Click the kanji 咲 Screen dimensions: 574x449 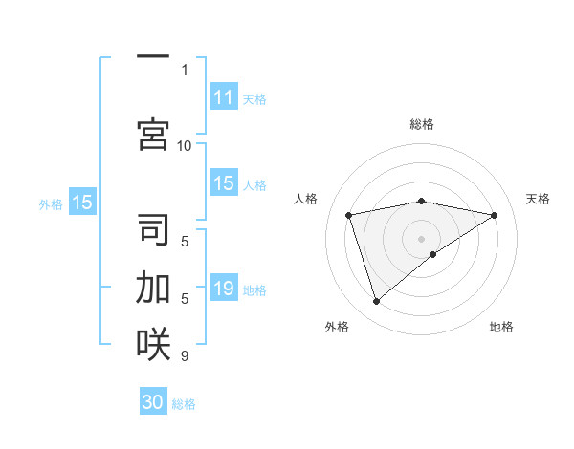(x=153, y=344)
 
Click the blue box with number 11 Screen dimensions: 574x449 (x=224, y=97)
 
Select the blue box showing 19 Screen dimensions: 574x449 (x=224, y=289)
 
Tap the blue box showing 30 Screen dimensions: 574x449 (x=153, y=402)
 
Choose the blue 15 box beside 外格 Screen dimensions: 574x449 (x=82, y=203)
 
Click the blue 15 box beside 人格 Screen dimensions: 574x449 (x=224, y=183)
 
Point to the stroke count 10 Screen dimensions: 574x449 (x=185, y=145)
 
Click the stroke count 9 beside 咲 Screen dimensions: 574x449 (x=185, y=356)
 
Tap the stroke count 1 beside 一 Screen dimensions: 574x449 (x=185, y=70)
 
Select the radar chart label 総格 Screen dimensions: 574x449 (x=421, y=124)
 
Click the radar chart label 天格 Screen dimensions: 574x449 (x=539, y=199)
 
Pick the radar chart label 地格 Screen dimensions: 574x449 (x=501, y=327)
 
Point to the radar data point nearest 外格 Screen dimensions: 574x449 (x=376, y=302)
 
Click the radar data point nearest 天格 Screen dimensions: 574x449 (x=494, y=215)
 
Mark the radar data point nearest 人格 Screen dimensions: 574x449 (x=349, y=214)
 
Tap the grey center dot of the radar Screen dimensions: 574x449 (x=421, y=238)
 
